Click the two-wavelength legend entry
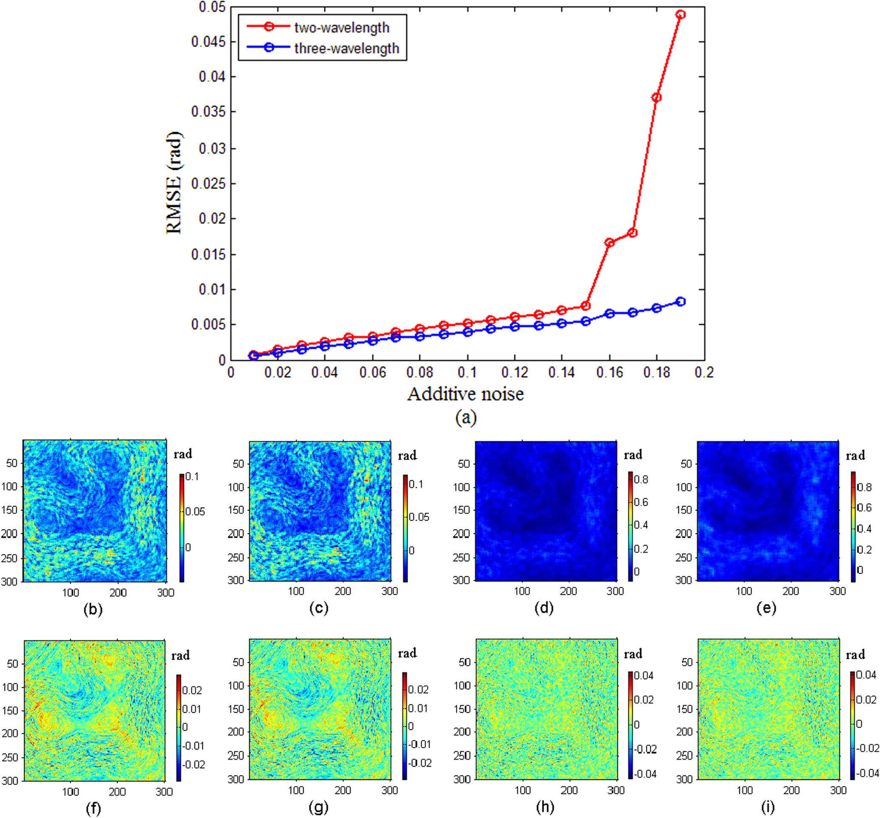(341, 28)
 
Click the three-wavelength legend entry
(346, 48)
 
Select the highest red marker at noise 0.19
(681, 14)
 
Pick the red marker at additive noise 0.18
(656, 97)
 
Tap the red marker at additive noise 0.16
(610, 243)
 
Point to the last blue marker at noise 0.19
(681, 302)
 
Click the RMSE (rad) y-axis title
(174, 183)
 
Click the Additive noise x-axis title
(465, 394)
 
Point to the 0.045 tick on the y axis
(208, 42)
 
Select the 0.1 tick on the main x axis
(467, 373)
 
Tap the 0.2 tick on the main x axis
(704, 373)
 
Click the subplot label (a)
(466, 417)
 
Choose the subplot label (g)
(318, 808)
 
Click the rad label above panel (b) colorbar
(182, 454)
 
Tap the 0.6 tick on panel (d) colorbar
(641, 502)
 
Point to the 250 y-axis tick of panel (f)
(9, 757)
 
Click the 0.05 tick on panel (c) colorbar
(419, 517)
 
